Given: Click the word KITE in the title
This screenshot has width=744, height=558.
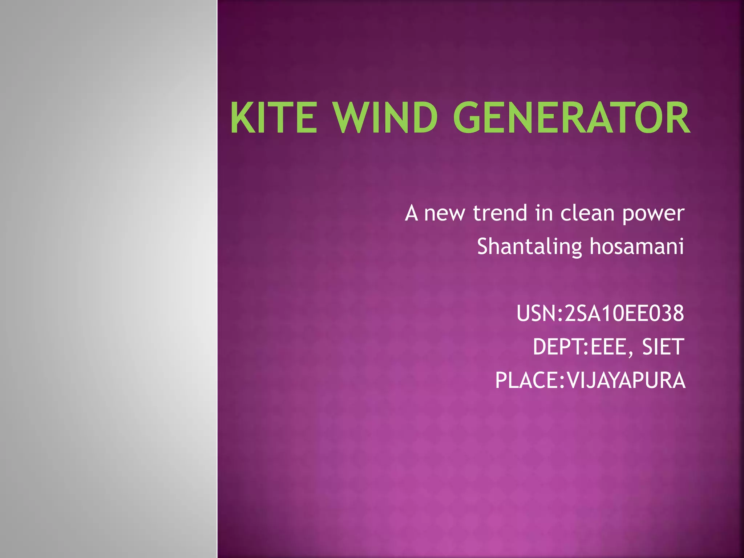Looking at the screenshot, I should click(274, 118).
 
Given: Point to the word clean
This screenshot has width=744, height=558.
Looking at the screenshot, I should click(587, 213).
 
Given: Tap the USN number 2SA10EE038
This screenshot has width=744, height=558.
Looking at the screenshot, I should click(624, 314).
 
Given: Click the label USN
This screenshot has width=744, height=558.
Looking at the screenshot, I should click(536, 314).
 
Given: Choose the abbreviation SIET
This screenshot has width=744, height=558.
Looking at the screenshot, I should click(663, 347).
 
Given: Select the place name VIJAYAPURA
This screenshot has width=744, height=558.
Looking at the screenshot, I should click(626, 380).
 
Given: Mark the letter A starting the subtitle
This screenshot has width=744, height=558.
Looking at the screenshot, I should click(411, 213).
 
